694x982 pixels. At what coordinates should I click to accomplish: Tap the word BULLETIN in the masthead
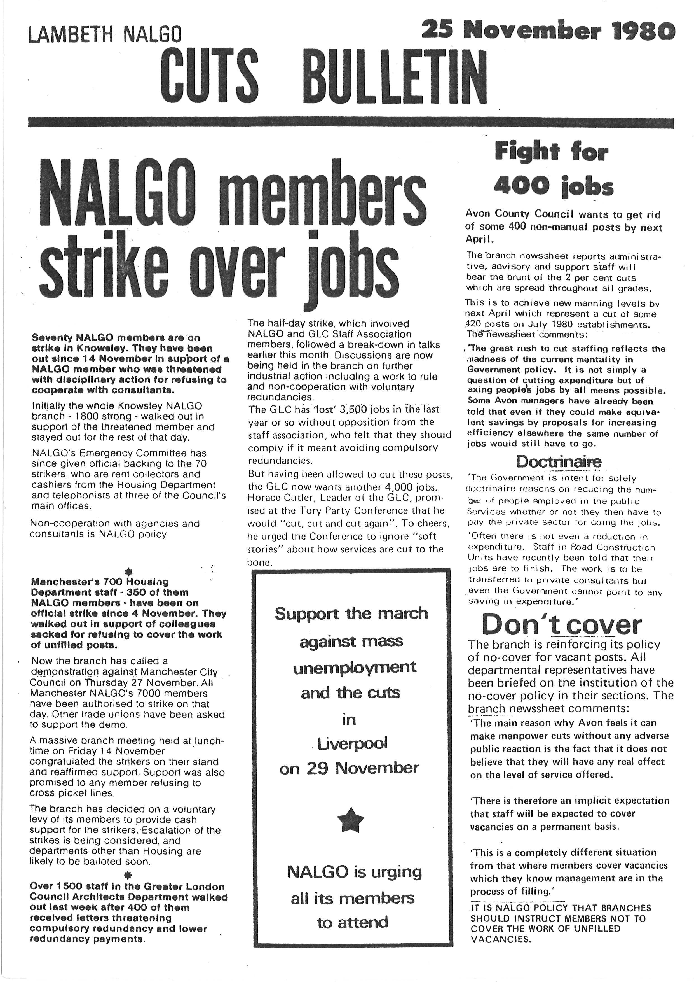pyautogui.click(x=397, y=74)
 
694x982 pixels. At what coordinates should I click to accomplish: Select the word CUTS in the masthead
pyautogui.click(x=209, y=74)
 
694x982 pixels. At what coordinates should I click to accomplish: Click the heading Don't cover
pyautogui.click(x=561, y=625)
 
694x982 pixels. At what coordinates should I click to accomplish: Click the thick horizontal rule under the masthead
pyautogui.click(x=350, y=122)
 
